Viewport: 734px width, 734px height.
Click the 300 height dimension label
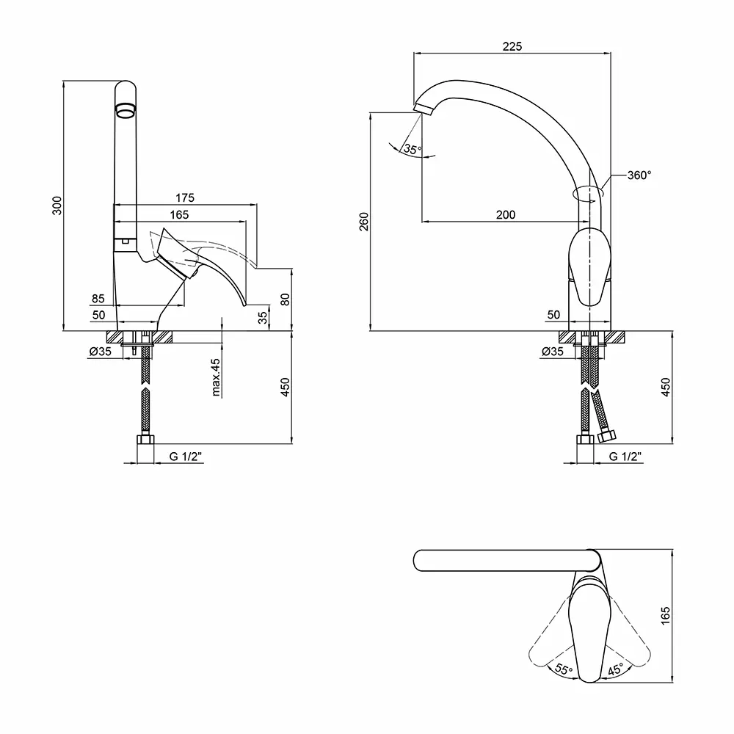click(x=57, y=207)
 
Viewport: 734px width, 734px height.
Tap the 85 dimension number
click(x=98, y=299)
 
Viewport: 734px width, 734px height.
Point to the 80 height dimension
click(x=286, y=299)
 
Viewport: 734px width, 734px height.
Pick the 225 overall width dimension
click(x=512, y=46)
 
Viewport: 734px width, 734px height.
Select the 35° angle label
click(x=413, y=150)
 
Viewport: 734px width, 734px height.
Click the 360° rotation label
click(x=639, y=175)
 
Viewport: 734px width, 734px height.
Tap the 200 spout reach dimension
click(x=506, y=214)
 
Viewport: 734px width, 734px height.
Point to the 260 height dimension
click(x=365, y=221)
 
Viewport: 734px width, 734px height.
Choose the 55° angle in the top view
click(x=564, y=669)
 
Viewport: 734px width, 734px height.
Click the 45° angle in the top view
click(x=614, y=669)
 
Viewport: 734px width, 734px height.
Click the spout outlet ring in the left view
click(x=126, y=112)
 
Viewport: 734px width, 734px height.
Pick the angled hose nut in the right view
click(x=606, y=437)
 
